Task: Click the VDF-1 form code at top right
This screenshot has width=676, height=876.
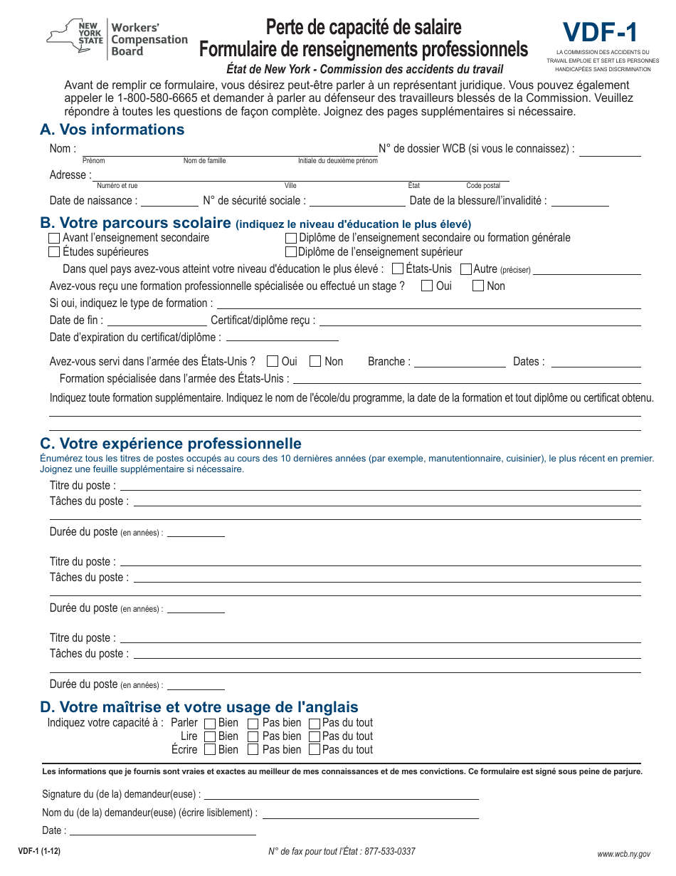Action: point(600,33)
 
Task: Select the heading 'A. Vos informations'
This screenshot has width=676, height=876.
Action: point(112,130)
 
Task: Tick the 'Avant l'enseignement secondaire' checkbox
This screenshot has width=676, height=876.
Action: point(54,238)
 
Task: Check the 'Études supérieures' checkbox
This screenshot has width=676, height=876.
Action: point(54,252)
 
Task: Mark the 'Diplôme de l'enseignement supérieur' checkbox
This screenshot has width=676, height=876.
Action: point(290,252)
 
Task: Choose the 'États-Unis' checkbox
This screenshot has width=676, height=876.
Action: point(398,269)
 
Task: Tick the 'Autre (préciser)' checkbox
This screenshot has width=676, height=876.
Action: point(466,269)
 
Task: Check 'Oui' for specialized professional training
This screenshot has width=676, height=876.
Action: point(427,286)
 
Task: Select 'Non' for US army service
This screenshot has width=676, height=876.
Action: point(315,362)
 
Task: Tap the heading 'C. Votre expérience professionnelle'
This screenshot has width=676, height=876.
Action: point(171,444)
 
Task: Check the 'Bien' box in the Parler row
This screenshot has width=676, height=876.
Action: point(210,724)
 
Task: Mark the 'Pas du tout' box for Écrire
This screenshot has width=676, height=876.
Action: point(315,750)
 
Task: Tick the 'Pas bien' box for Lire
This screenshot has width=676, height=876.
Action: point(253,737)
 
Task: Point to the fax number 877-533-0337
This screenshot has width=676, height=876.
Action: point(389,851)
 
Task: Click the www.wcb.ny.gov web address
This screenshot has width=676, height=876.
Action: point(623,853)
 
